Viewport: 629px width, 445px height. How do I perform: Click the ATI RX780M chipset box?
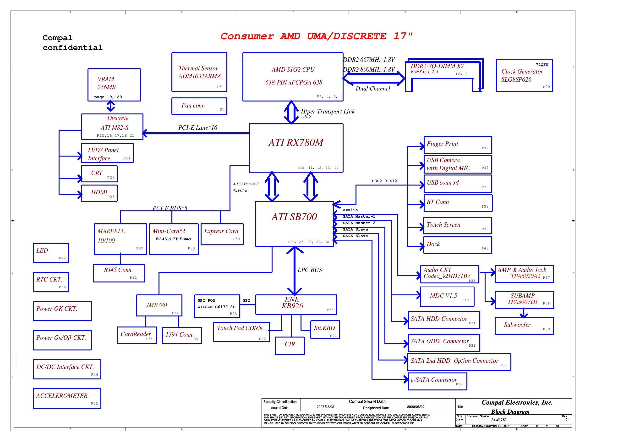296,148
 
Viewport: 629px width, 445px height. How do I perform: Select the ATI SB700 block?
294,224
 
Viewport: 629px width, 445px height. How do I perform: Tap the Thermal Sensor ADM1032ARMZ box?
199,72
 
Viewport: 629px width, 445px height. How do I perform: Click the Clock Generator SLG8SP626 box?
524,75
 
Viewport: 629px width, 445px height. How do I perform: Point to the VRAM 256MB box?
114,84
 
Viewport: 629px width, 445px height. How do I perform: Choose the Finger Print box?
458,145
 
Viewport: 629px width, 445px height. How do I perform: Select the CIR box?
290,345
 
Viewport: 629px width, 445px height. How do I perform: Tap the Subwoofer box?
524,325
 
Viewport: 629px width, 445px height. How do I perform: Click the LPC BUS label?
310,270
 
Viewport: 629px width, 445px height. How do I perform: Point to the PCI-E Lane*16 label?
197,128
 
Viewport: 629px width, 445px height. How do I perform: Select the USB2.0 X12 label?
384,181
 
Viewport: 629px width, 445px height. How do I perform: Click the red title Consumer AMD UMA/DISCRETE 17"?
317,36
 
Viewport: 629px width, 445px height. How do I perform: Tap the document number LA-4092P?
498,420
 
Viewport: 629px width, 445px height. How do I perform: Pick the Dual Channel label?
372,89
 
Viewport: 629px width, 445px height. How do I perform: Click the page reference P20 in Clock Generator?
546,87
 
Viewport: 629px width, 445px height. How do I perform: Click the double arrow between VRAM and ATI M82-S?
111,106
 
